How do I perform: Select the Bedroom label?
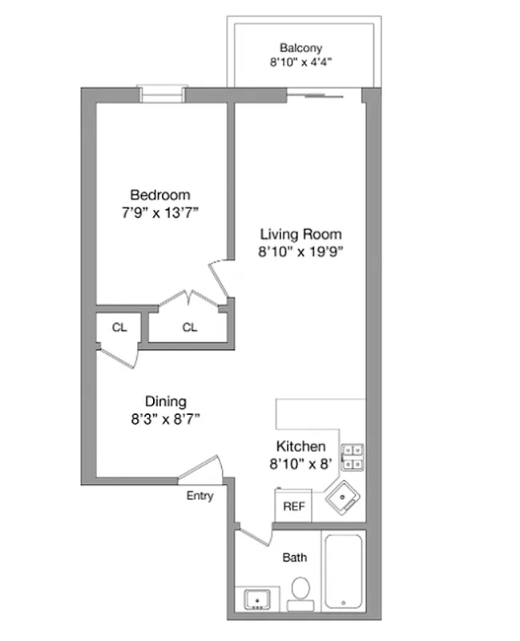(x=160, y=195)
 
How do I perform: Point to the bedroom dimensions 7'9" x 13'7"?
(x=160, y=213)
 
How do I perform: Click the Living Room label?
(x=300, y=234)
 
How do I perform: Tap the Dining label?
(x=166, y=401)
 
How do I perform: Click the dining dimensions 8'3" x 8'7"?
(x=166, y=418)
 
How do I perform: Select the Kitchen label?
(x=300, y=446)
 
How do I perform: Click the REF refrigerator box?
(x=293, y=506)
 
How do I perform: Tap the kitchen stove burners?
(x=353, y=457)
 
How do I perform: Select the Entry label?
(x=200, y=496)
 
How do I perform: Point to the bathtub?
(x=344, y=571)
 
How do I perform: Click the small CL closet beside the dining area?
(x=119, y=327)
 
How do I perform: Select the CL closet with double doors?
(x=189, y=327)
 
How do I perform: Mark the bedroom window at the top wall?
(x=162, y=94)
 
